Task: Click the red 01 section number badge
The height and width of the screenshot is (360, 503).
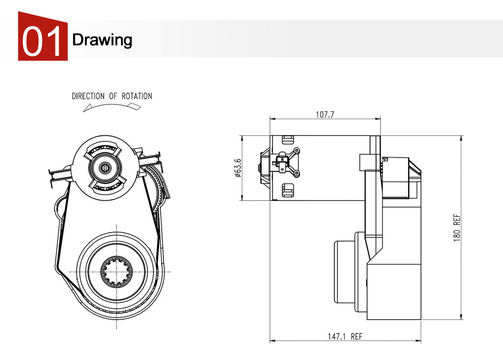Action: point(43,39)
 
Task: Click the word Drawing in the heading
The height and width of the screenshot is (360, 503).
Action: point(102,40)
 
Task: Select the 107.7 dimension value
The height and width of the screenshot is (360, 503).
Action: point(325,115)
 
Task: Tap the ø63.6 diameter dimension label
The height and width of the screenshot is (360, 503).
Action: point(238,168)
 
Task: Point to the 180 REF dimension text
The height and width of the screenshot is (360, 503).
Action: point(457,228)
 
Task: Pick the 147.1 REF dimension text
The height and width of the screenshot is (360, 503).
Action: point(345,336)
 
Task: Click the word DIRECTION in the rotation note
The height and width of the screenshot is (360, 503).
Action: point(88,96)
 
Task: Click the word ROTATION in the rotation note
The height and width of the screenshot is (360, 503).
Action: point(137,96)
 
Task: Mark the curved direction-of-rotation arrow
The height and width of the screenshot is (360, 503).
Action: point(112,107)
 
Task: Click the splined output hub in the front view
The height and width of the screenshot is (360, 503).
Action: point(117,272)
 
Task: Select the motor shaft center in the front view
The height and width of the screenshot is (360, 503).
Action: point(104,168)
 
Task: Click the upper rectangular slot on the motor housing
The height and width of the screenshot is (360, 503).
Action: point(287,140)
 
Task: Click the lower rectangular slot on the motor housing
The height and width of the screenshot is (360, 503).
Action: point(287,190)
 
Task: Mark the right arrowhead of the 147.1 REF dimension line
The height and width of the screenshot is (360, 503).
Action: point(419,341)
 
